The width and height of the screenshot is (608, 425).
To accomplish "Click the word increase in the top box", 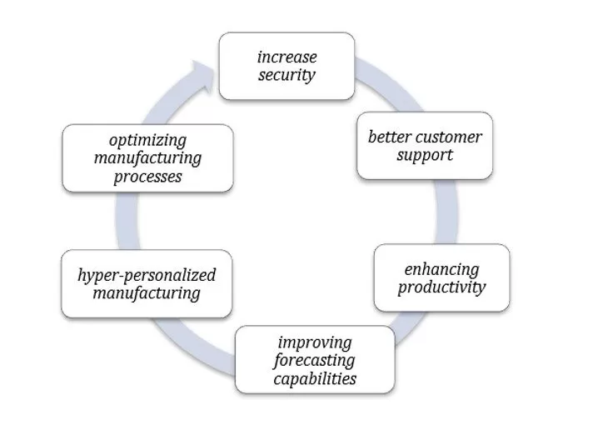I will coord(286,57).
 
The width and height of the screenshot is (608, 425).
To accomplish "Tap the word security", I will coord(286,75).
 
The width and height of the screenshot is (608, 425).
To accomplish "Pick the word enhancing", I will coord(441,270).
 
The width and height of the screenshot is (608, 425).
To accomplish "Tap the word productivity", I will coord(441,288).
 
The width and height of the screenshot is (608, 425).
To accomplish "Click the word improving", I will coord(314,342).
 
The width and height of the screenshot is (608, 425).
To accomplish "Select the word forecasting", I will coord(314,360).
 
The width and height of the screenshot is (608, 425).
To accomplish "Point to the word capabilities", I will coord(314,378).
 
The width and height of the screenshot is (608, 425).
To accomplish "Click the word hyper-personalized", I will coord(146,275).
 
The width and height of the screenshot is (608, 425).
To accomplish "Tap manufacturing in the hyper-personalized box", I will coord(146,293).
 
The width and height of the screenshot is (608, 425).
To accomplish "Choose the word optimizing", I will coord(147,139).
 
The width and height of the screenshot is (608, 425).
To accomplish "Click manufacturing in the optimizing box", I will coord(147,157).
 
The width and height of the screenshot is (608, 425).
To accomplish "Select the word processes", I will coord(147,176).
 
